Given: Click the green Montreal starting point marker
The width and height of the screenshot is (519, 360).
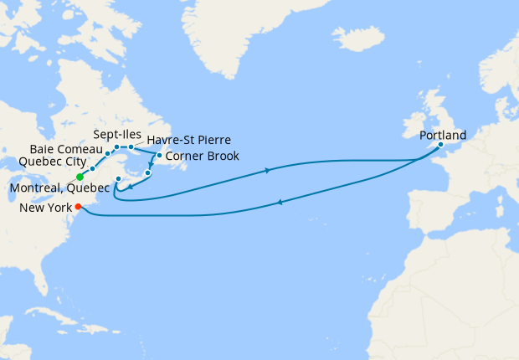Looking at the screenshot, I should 80,177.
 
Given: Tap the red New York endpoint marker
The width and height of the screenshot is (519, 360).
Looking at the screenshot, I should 78,207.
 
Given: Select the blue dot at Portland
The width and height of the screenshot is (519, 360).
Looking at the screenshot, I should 441,145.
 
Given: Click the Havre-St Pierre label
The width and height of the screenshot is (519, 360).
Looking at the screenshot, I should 189,140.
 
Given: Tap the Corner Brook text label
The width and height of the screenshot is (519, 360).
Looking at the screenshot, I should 203,156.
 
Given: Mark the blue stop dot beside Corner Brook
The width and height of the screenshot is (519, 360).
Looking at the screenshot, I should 159,156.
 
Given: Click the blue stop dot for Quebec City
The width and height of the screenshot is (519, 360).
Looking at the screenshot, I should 92,168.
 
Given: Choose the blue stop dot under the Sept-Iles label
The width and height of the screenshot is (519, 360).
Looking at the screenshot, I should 116,147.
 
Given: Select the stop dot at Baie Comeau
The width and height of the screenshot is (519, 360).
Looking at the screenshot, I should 108,154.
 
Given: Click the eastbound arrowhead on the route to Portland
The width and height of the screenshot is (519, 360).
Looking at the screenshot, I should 267,171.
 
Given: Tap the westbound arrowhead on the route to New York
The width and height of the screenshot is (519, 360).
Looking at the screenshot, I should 279,202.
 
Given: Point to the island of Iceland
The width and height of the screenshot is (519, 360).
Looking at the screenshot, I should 357,38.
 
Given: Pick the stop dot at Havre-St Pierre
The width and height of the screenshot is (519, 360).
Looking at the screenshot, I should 131,147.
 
